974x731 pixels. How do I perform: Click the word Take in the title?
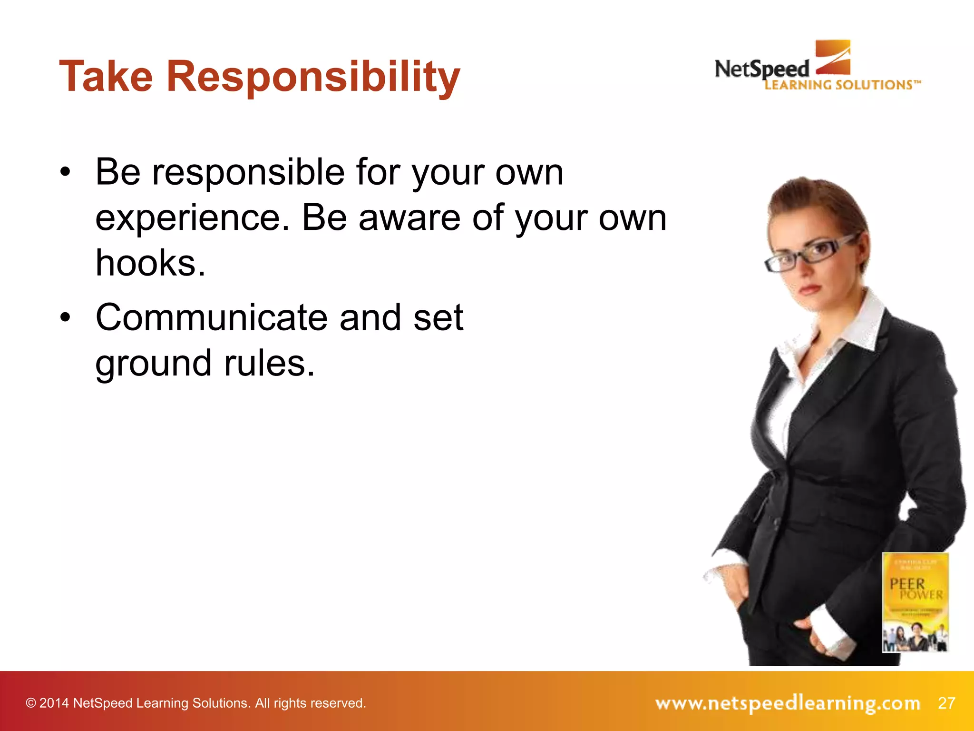106,76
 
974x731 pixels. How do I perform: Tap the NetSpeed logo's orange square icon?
833,57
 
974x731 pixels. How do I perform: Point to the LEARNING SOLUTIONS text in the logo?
842,85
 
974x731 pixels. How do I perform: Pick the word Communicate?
212,317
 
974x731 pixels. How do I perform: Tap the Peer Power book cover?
916,602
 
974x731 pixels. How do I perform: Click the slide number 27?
946,703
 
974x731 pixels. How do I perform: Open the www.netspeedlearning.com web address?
788,703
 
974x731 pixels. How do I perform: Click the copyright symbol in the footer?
31,703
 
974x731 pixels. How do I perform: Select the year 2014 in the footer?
54,703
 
